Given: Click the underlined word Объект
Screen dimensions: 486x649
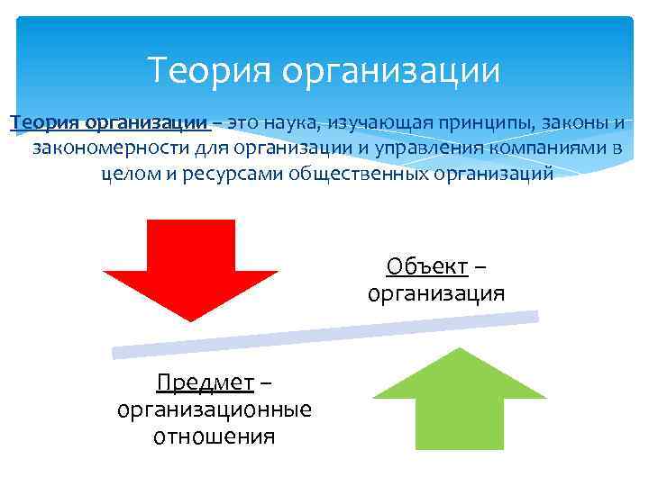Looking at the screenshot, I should (x=426, y=266).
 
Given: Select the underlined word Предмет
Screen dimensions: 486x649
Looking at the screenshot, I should (x=205, y=383).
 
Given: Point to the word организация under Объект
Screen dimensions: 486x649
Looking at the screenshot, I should (x=436, y=293).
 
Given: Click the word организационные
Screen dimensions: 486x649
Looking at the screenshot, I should (x=215, y=410).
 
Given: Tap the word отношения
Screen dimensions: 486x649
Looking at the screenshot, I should (x=215, y=437).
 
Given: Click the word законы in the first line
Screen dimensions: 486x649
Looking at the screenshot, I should (x=581, y=121).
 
